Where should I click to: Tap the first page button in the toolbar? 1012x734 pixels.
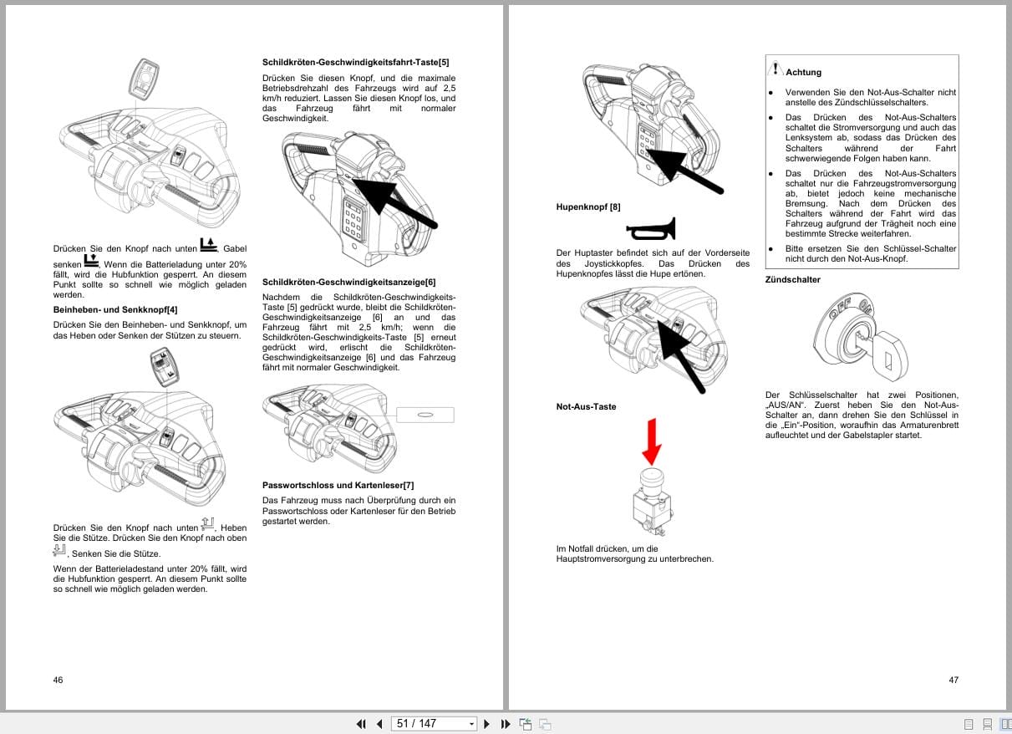(x=361, y=724)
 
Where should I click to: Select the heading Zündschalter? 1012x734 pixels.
(x=793, y=280)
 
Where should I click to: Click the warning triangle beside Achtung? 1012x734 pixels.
(x=776, y=69)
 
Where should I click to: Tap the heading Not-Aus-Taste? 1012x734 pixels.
(x=586, y=407)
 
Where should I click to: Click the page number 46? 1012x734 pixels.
(x=58, y=680)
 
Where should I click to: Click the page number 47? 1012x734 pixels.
(x=954, y=680)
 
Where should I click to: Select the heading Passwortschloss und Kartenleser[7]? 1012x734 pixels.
(x=338, y=485)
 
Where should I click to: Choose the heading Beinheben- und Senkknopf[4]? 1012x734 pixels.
(x=115, y=310)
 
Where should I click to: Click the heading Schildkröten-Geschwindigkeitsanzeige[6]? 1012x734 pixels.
(x=348, y=283)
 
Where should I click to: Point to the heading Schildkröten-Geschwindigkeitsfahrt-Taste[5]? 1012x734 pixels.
(x=355, y=63)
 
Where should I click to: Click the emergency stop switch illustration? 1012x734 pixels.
(x=652, y=502)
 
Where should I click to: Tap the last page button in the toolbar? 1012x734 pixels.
(x=505, y=724)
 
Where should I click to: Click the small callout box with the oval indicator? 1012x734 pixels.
(x=425, y=415)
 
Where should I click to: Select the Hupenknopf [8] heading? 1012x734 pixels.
(x=588, y=206)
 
